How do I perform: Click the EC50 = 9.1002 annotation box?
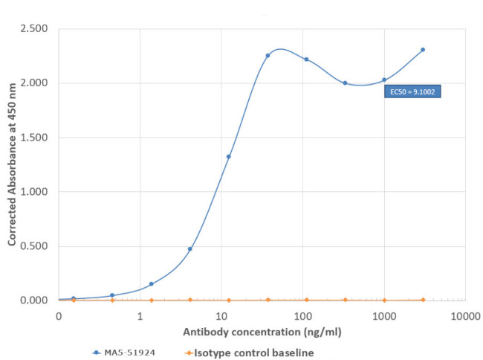click(x=412, y=92)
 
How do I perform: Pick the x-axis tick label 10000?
click(x=464, y=316)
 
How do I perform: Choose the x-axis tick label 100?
click(x=302, y=316)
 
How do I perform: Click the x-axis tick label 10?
click(x=221, y=316)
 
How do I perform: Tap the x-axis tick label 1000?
click(x=383, y=316)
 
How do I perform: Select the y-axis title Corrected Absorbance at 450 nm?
click(x=13, y=164)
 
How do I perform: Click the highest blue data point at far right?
click(x=423, y=50)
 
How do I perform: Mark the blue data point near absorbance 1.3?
click(x=229, y=156)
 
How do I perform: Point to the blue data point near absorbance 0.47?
click(x=190, y=248)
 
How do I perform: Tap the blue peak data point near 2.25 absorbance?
click(x=268, y=55)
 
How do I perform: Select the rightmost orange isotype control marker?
click(x=423, y=300)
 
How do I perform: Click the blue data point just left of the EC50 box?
click(x=384, y=80)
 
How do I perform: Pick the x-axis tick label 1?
click(x=140, y=316)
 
